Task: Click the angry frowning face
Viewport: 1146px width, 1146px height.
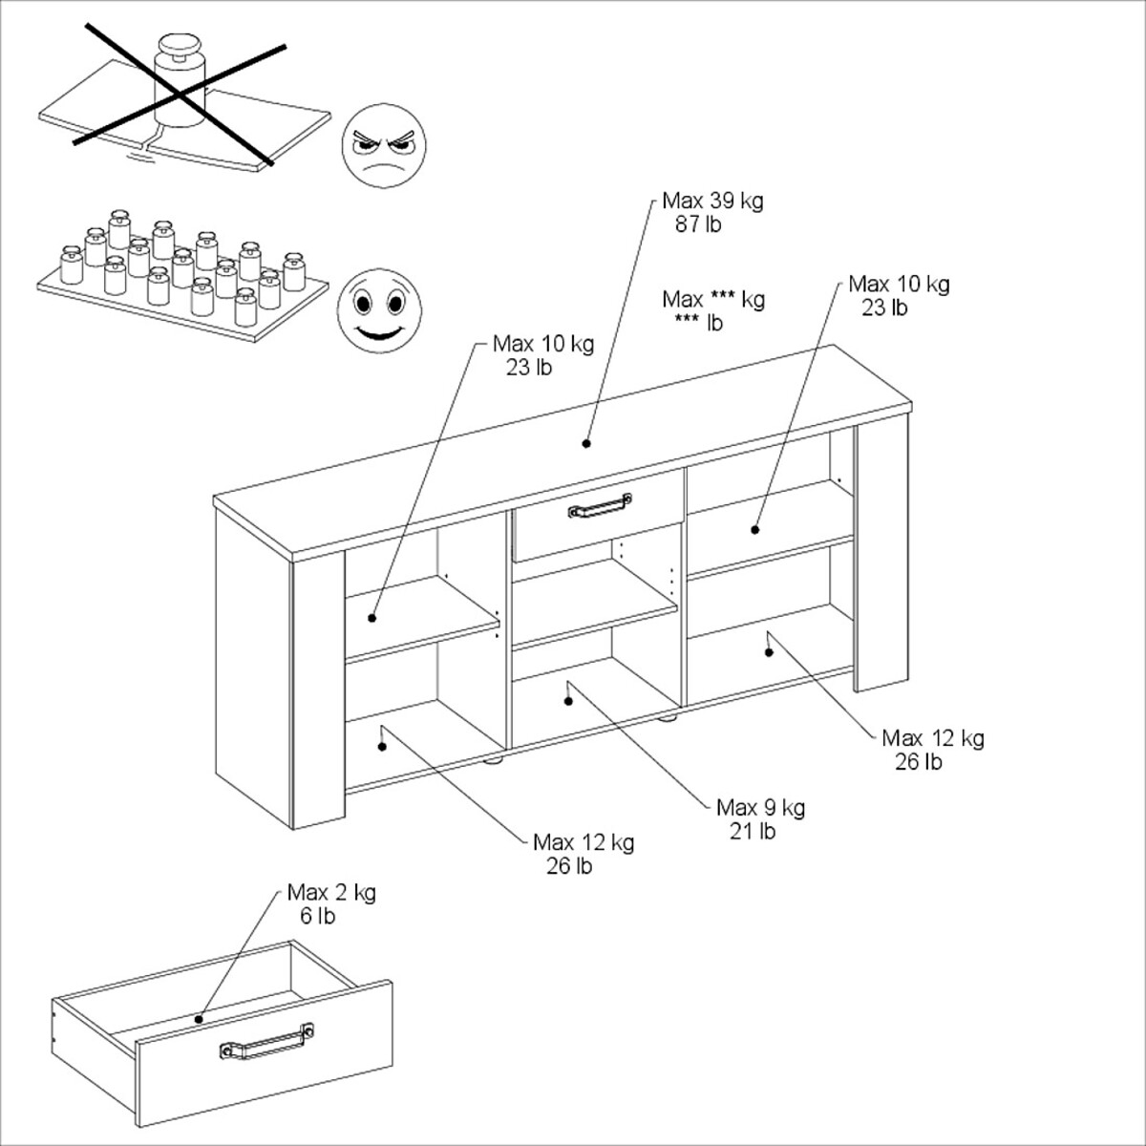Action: point(384,146)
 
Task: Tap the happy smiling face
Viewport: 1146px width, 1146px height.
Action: point(379,309)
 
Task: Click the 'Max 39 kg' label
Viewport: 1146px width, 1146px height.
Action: point(712,201)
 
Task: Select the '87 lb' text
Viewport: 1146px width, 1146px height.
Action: point(697,224)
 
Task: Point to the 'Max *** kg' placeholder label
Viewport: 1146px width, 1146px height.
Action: point(713,299)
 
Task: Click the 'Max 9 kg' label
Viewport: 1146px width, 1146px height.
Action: point(760,808)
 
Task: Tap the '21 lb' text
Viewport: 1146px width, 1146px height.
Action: point(753,831)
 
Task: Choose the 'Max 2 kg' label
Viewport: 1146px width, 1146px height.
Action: point(331,893)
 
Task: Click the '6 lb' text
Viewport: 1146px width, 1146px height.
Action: point(318,916)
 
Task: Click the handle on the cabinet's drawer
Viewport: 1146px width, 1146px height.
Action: point(600,507)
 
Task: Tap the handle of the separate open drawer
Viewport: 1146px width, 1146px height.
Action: point(266,1041)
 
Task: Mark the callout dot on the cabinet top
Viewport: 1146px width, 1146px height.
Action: point(585,443)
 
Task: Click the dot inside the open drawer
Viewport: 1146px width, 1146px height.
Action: point(199,1019)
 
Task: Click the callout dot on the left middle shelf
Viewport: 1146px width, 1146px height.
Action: point(372,618)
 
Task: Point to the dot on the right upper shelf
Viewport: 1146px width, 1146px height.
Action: point(755,529)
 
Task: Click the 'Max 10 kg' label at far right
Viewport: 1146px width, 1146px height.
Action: point(899,285)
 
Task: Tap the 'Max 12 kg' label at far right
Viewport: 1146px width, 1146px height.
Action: point(933,738)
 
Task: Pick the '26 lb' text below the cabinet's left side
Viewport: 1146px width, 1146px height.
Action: point(569,866)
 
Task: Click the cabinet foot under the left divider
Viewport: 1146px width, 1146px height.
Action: point(495,759)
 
